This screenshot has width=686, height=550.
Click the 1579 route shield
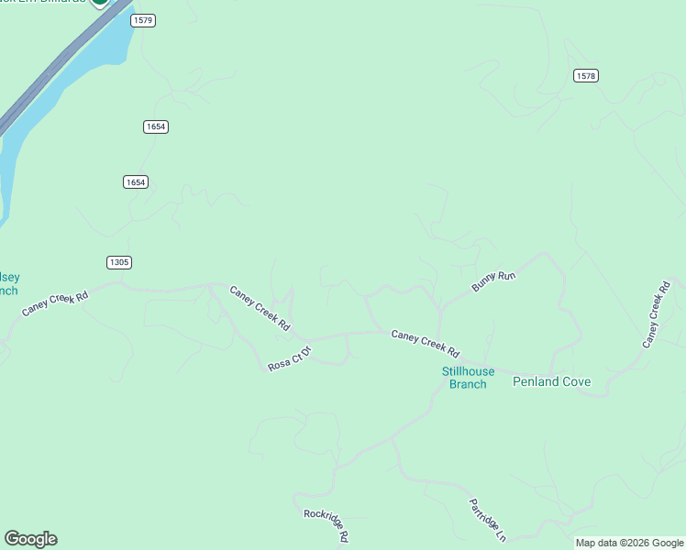point(143,20)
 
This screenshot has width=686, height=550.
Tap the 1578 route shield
point(586,75)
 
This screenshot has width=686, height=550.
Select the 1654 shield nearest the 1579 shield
point(155,126)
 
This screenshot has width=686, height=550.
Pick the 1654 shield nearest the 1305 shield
point(135,182)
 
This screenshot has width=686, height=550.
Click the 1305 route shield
point(118,262)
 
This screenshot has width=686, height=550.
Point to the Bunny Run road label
point(494,281)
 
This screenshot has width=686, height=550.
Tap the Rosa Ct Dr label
point(290,357)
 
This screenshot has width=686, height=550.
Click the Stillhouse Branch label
point(468,378)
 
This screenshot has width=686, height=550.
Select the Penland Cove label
point(551,381)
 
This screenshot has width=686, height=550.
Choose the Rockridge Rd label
point(327,524)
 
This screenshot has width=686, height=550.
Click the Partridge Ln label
point(487,520)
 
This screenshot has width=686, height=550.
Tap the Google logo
point(30,539)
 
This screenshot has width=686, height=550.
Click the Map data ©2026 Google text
point(629,543)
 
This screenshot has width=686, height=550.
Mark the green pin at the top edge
point(99,3)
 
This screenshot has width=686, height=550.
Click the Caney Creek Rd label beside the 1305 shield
point(55,304)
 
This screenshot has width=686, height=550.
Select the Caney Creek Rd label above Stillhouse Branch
point(425,343)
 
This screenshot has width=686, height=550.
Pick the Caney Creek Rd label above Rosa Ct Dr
point(260,308)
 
